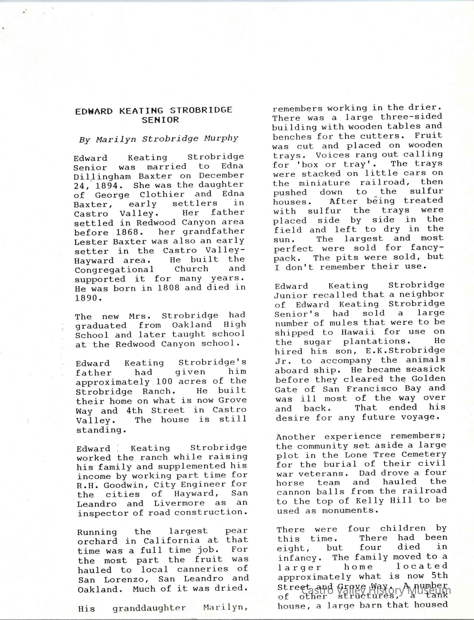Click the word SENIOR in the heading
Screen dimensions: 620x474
(160, 120)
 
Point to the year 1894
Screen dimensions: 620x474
(109, 186)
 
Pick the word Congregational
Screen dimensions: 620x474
(114, 270)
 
